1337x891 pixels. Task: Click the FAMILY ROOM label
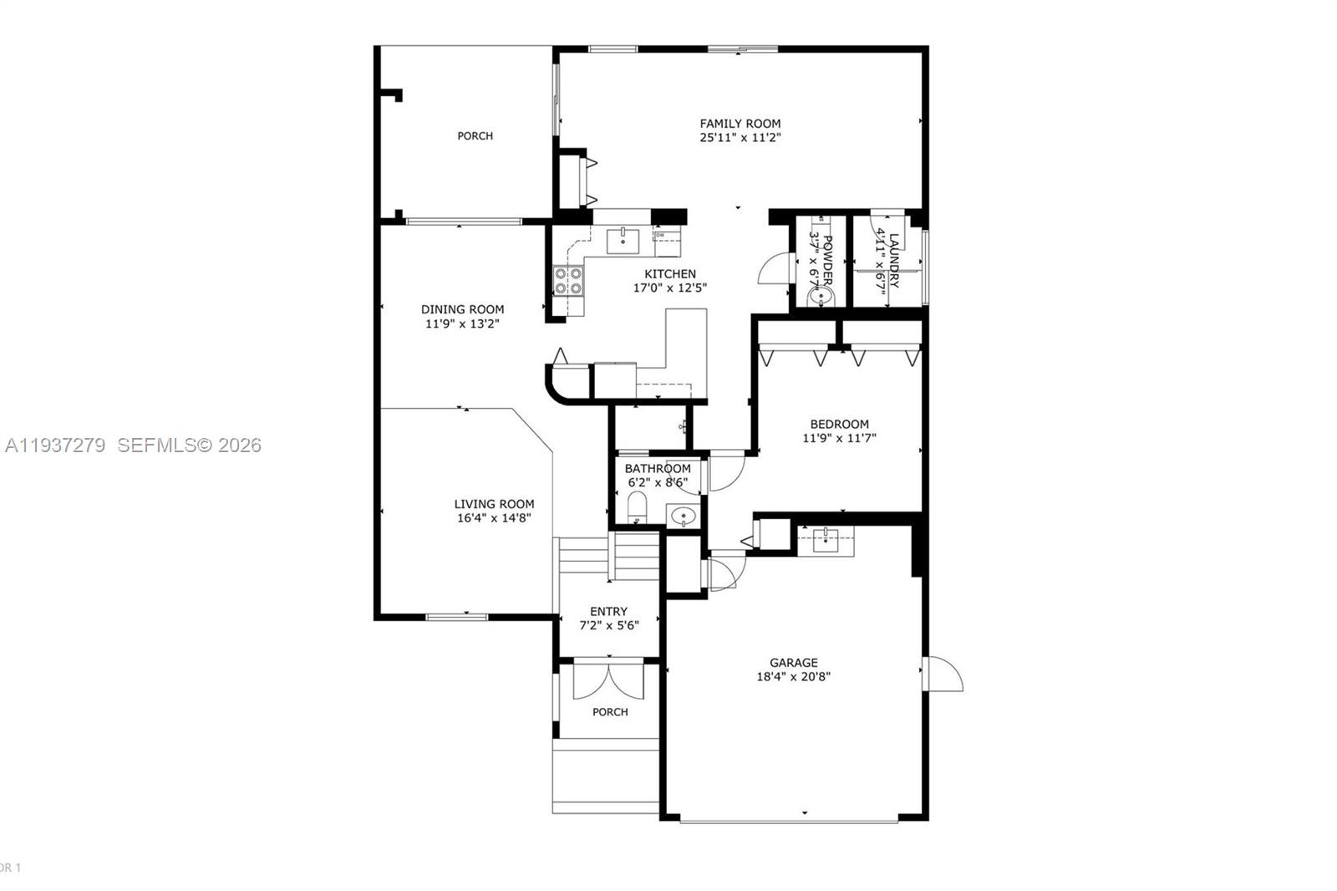pos(740,123)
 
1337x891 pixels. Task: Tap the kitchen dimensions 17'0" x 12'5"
pos(670,288)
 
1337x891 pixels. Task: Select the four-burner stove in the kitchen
pos(568,280)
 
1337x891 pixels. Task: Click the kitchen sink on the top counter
pos(623,240)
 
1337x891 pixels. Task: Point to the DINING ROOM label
pos(462,309)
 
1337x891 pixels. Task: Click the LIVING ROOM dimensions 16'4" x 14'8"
pos(494,517)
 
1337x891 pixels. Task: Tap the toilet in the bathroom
pos(637,507)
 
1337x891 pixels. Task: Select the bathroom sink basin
pos(684,516)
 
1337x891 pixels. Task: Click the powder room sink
pos(821,295)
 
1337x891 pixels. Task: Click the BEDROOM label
pos(839,424)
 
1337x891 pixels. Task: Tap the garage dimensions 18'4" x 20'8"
pos(793,676)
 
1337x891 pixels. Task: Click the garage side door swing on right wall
pos(944,674)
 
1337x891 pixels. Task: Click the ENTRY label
pos(608,611)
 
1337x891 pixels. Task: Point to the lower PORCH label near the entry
pos(610,712)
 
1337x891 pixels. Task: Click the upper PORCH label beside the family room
pos(475,135)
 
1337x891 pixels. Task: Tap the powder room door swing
pos(773,270)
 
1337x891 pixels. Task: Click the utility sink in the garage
pos(826,539)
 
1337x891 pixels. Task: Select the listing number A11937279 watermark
pos(55,445)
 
